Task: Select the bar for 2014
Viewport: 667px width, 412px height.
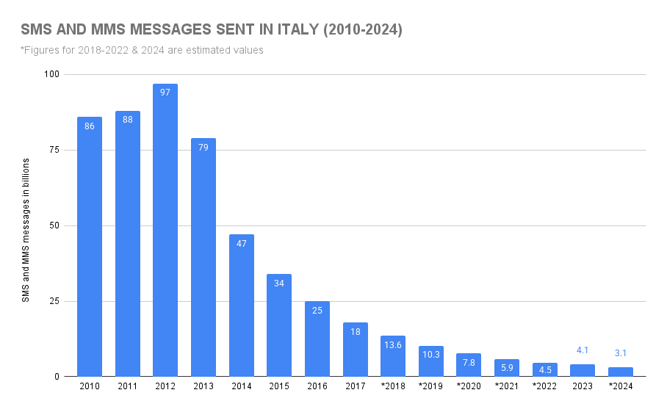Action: (x=241, y=306)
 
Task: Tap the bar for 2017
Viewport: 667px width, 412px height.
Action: (x=355, y=350)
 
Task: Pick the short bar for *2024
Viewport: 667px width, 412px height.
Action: (x=621, y=372)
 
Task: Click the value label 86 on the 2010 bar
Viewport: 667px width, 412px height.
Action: (x=90, y=126)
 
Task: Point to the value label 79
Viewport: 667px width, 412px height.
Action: (x=203, y=148)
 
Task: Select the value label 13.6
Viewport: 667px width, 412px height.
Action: (x=393, y=345)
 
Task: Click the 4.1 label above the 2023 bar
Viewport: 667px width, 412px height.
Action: (x=583, y=350)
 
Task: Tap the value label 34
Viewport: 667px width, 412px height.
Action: (x=279, y=283)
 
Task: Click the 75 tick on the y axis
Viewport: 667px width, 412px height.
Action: (x=54, y=150)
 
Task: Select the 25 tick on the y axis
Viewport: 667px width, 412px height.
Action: (x=54, y=301)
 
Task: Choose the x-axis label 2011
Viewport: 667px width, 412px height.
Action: (x=128, y=386)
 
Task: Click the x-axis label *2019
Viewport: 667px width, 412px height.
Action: (x=430, y=386)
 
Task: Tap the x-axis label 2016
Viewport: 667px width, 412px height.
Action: (x=317, y=386)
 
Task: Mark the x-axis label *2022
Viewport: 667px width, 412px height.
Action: (x=544, y=386)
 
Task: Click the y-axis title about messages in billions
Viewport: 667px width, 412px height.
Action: (x=26, y=228)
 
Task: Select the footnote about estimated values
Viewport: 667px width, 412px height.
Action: (x=142, y=50)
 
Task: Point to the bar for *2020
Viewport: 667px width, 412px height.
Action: (x=469, y=365)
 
